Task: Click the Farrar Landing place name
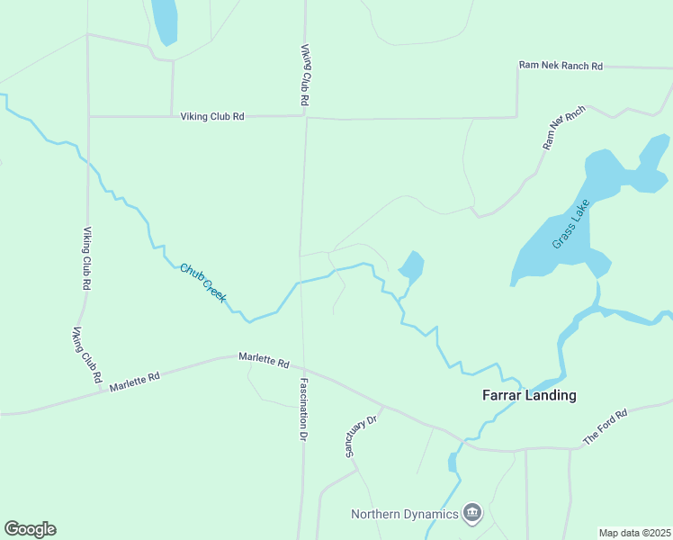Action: [x=529, y=395]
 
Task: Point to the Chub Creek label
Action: [x=202, y=282]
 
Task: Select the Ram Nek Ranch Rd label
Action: [x=561, y=66]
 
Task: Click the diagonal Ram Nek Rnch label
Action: [x=564, y=127]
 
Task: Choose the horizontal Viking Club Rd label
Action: [x=212, y=116]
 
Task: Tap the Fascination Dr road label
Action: [x=303, y=408]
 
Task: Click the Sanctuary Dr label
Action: [x=364, y=433]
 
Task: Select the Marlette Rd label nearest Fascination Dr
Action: [x=264, y=360]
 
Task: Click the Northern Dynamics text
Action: [x=404, y=514]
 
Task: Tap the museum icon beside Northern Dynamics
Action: [x=472, y=514]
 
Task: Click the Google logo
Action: [x=30, y=529]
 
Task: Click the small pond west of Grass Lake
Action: [x=411, y=266]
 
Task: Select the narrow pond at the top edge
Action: [x=164, y=20]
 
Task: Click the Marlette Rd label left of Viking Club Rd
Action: [x=134, y=382]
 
